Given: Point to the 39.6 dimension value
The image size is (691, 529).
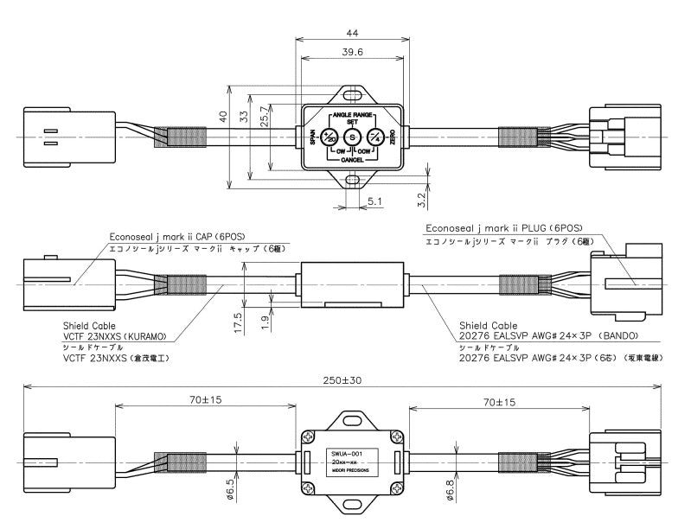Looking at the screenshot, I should [352, 52].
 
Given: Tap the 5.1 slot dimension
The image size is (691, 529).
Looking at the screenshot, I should [375, 201].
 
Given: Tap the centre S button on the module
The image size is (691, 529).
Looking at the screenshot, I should [352, 137].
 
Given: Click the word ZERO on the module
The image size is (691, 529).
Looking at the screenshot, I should [393, 137].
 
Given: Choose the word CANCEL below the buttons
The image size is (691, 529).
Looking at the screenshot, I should [352, 161].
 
